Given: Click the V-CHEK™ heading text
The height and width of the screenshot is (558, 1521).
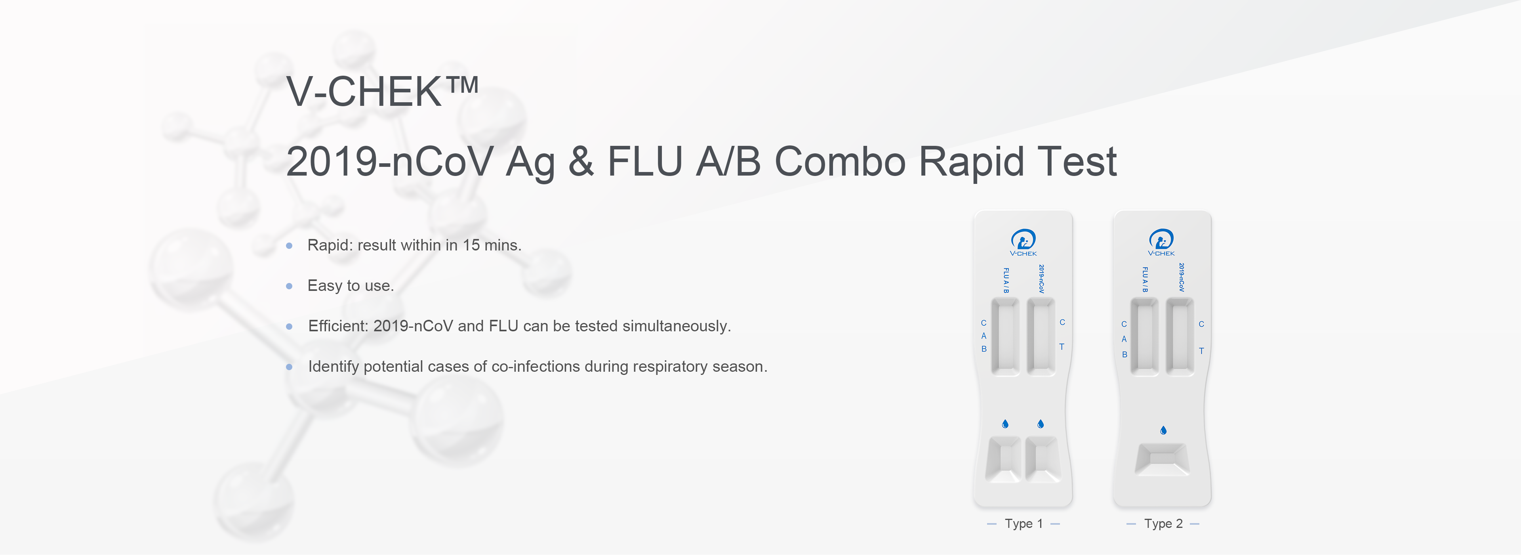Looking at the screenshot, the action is click(x=382, y=92).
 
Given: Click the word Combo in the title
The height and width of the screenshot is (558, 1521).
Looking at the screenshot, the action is click(x=840, y=161).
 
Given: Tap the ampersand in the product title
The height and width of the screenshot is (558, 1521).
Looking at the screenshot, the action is click(x=581, y=161).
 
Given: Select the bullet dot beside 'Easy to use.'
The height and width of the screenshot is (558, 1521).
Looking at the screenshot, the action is click(x=289, y=287).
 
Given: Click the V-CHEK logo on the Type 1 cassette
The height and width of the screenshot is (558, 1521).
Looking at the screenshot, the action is click(x=1023, y=243).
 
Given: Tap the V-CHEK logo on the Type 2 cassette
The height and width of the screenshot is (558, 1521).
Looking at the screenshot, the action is click(x=1161, y=243).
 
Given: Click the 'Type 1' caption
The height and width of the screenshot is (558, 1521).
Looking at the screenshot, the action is click(x=1024, y=524).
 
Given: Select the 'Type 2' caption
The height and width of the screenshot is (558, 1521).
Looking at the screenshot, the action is click(x=1163, y=524).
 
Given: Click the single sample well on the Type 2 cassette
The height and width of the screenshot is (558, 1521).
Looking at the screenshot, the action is click(x=1162, y=459).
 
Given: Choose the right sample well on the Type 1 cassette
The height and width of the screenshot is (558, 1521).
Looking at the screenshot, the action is click(x=1043, y=459).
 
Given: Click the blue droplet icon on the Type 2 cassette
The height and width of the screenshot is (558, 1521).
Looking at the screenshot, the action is click(x=1163, y=430).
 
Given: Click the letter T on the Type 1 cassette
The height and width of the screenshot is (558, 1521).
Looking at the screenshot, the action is click(x=1062, y=347).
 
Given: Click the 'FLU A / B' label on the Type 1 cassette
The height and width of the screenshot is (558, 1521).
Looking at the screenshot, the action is click(x=1006, y=281).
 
